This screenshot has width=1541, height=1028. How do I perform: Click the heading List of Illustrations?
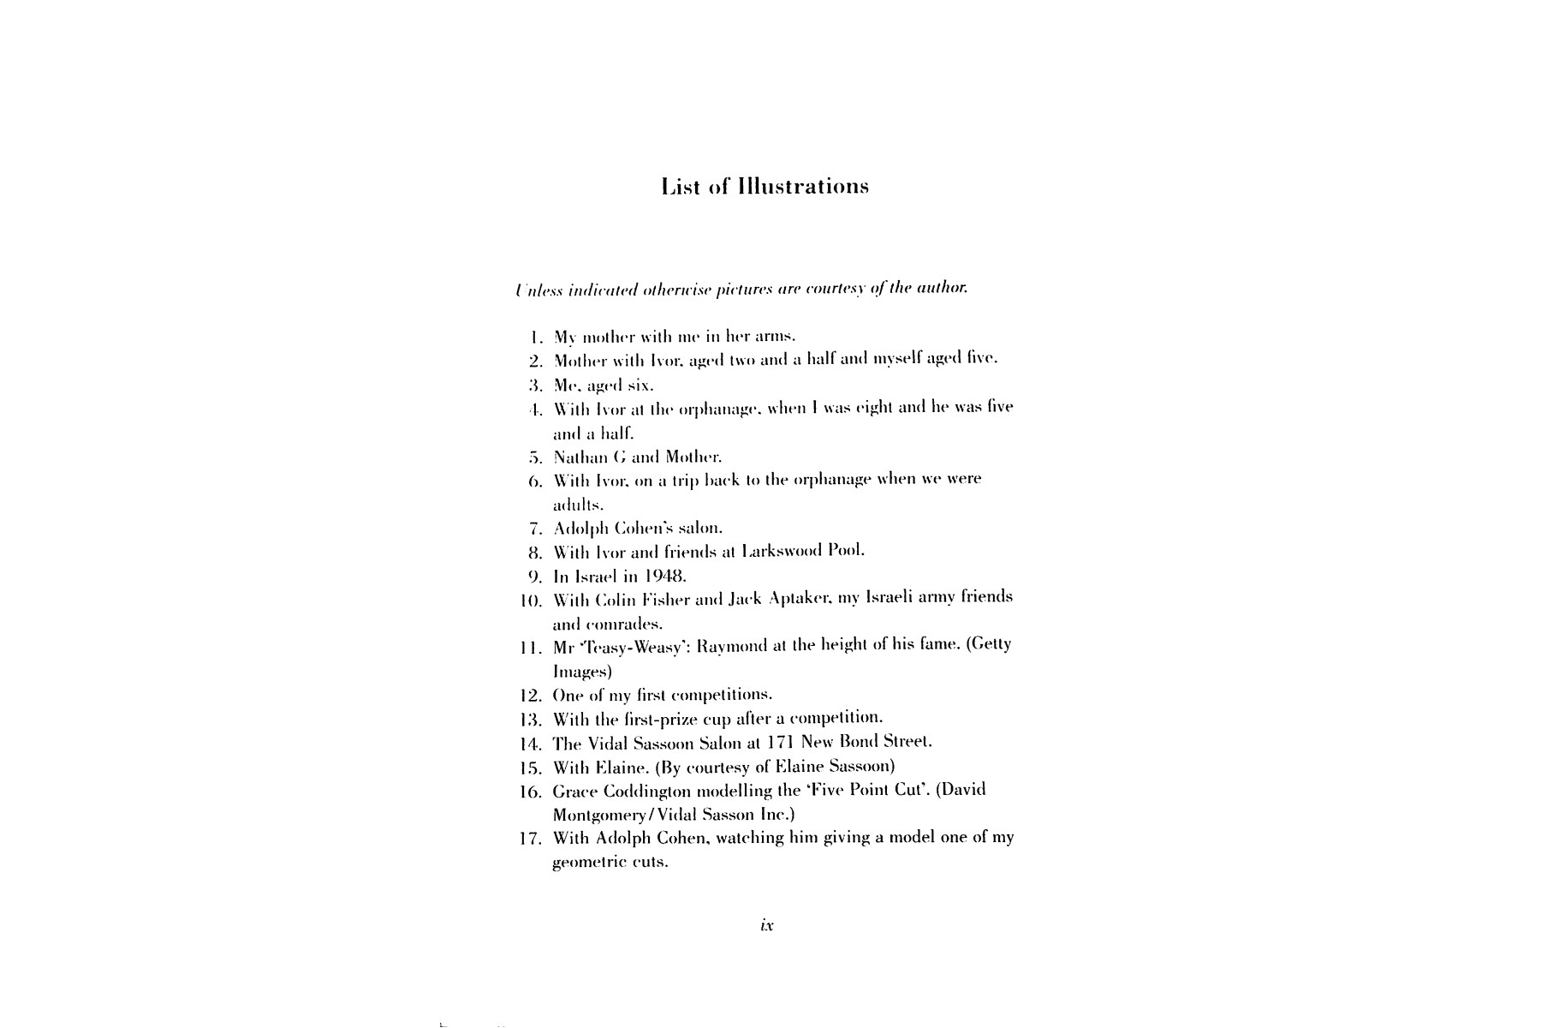coord(765,187)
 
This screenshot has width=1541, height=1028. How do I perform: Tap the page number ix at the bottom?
coord(767,925)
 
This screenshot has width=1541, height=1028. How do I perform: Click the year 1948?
coord(665,576)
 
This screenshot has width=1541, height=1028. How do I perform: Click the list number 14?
coord(531,743)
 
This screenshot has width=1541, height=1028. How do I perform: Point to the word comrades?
coord(607,624)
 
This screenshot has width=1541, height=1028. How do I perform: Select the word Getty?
coord(991,645)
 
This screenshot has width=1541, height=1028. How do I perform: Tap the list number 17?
coord(531,839)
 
